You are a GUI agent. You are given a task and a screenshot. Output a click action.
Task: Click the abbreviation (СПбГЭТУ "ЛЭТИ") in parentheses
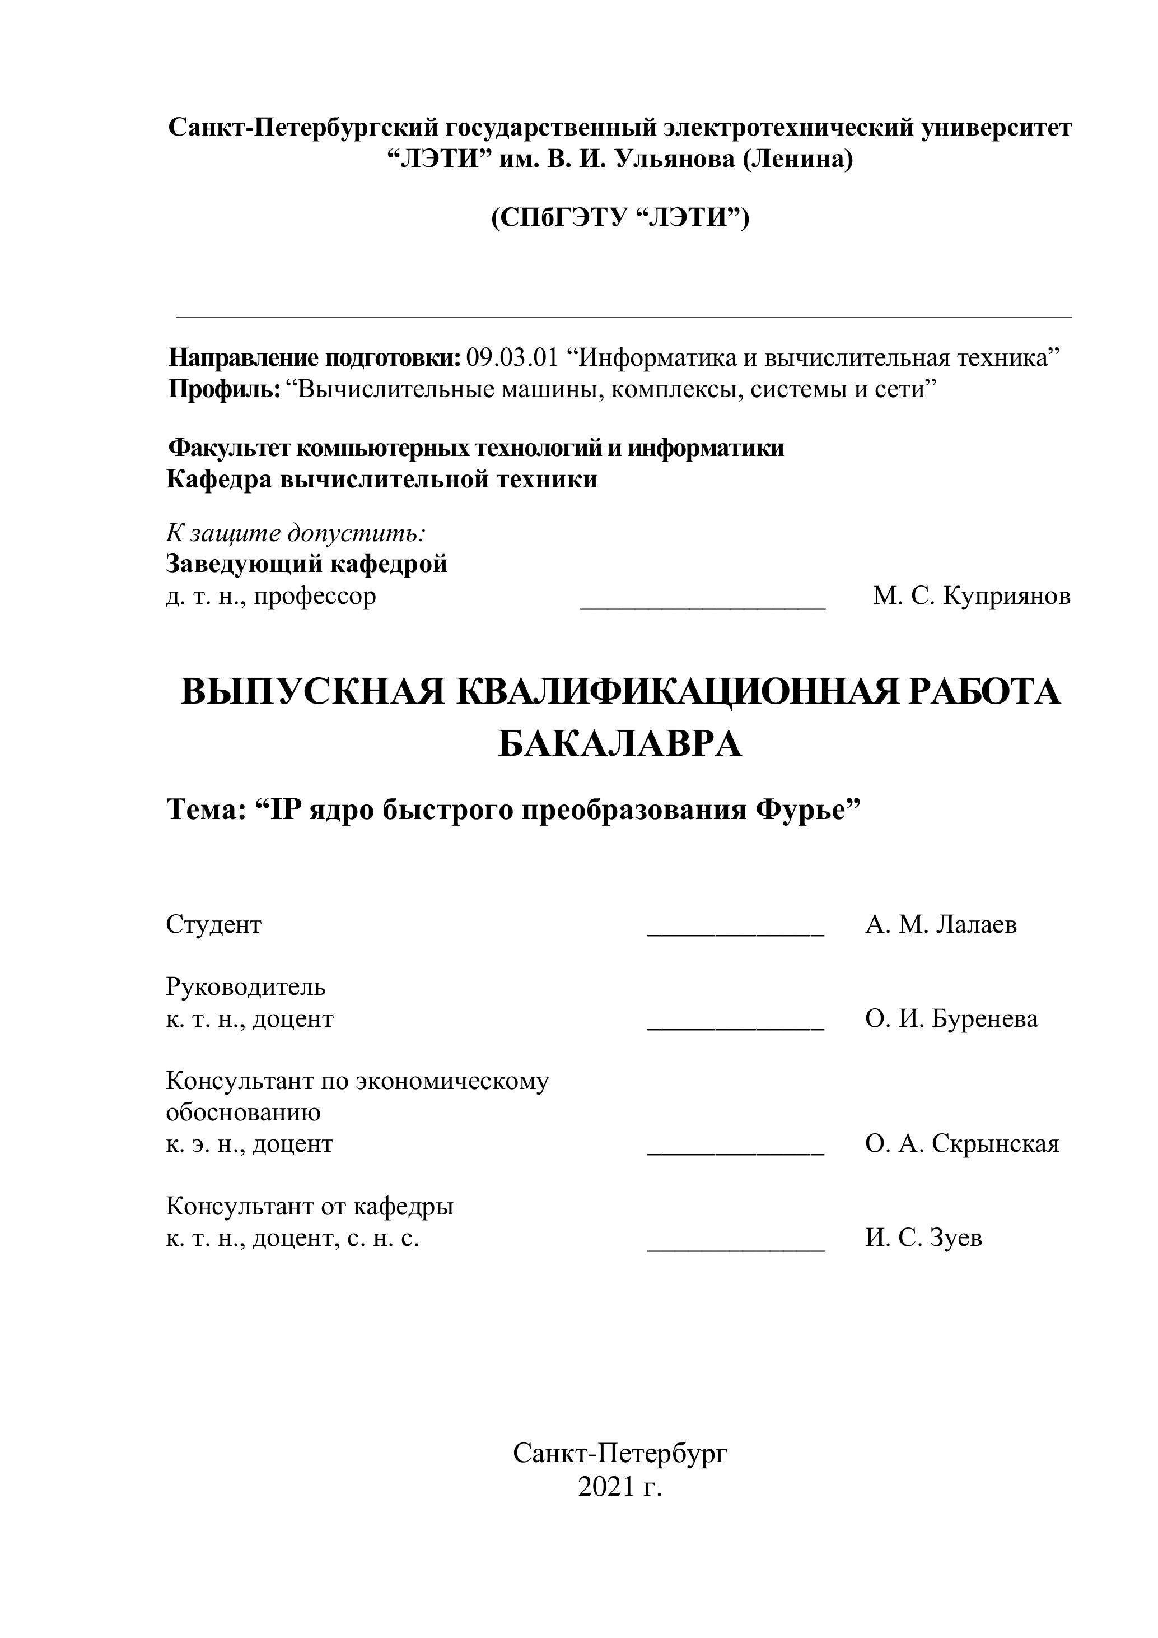620,217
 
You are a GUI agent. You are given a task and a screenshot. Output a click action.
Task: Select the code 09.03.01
512,357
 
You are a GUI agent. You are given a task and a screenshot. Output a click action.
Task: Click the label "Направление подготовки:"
315,357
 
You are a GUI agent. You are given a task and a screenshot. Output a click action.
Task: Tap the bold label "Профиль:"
225,389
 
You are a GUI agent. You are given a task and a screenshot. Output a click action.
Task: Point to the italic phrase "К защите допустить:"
296,532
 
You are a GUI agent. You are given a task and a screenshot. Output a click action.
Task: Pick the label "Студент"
214,924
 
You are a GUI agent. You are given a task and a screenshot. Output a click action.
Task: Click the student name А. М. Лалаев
941,924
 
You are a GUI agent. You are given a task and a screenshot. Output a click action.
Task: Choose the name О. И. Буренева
952,1019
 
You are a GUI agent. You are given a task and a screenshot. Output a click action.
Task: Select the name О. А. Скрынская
963,1144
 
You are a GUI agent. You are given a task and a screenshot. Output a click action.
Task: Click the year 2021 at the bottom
605,1487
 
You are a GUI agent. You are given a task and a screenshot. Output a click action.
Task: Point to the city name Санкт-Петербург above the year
620,1453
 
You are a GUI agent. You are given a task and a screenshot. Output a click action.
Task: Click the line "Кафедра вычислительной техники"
381,480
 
